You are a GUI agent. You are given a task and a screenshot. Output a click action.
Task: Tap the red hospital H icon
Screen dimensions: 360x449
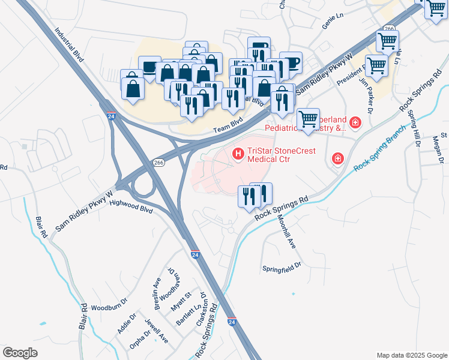point(238,155)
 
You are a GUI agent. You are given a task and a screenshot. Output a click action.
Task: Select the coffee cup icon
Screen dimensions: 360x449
point(291,62)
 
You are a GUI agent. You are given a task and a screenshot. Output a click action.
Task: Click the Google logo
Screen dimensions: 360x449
point(20,352)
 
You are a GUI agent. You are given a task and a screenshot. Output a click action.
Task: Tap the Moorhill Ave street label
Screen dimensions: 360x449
point(286,232)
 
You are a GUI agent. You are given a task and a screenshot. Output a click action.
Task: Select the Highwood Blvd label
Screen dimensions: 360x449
point(131,207)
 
